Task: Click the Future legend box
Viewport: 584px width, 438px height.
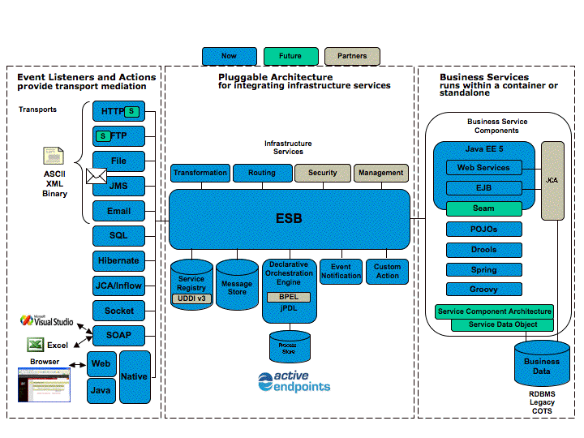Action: tap(290, 56)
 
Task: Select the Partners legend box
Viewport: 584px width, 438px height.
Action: tap(351, 56)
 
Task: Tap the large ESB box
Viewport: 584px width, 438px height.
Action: tap(289, 219)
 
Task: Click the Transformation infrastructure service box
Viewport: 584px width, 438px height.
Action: tap(200, 173)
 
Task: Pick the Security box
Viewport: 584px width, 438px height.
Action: tap(322, 173)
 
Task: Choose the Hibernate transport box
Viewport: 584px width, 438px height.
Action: tap(118, 260)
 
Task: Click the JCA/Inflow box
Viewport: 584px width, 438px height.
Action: tap(118, 286)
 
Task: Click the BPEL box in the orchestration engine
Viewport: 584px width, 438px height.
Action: tap(288, 297)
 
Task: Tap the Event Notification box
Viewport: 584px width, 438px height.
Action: tap(341, 271)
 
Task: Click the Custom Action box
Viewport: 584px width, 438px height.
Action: tap(387, 271)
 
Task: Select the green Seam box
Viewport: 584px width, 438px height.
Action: tap(483, 208)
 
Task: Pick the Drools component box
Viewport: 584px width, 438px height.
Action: tap(483, 250)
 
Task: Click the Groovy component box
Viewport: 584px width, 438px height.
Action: tap(483, 290)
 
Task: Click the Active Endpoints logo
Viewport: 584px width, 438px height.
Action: tap(294, 381)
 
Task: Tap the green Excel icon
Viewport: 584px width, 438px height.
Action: tap(35, 345)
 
